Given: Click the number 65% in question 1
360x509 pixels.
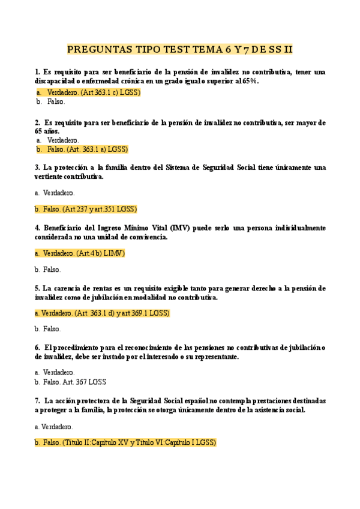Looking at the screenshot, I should tap(250, 81).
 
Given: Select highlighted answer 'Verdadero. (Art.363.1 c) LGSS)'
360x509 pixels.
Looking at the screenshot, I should tap(93, 92).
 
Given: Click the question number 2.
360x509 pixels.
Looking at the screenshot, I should tap(37, 122).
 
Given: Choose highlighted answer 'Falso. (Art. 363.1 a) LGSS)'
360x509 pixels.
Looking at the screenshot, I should tap(88, 149).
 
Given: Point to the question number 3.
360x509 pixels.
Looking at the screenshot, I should tap(37, 167).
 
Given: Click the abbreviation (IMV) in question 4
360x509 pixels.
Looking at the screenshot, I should tap(181, 228).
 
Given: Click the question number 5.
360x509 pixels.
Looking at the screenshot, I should tap(37, 288).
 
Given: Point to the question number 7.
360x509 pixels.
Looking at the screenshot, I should tap(37, 400).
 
